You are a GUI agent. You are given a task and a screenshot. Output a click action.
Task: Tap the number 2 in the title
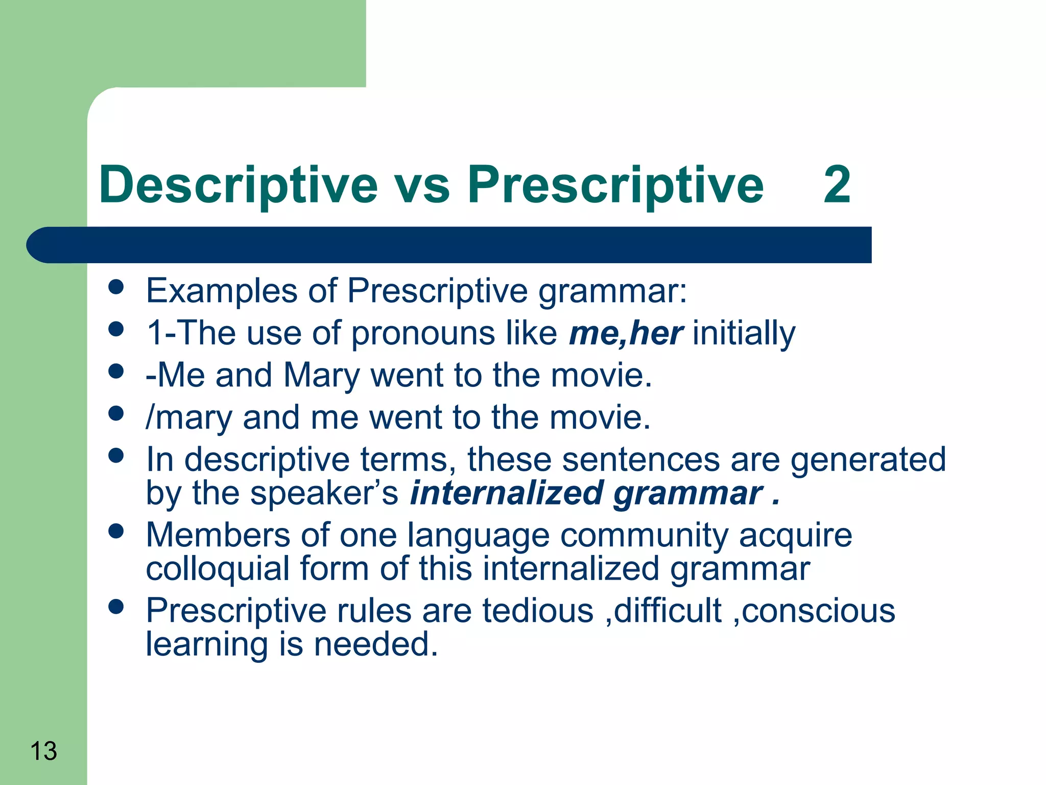tap(837, 185)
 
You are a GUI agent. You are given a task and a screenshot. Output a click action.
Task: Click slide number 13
tap(43, 751)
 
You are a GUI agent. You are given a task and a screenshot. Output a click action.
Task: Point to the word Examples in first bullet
tap(221, 291)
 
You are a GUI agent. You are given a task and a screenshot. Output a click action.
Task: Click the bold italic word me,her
tap(626, 333)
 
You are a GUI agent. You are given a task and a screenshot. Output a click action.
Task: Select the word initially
tap(744, 333)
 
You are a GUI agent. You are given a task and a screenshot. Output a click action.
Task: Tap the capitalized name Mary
tap(322, 376)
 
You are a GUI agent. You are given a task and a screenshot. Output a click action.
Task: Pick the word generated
tap(868, 459)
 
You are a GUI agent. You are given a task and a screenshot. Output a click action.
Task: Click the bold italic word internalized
tap(507, 493)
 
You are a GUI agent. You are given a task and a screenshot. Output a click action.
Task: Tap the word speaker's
tap(324, 493)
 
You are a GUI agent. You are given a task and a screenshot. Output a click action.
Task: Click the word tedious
tap(538, 611)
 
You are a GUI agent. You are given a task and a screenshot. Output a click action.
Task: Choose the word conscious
tap(818, 611)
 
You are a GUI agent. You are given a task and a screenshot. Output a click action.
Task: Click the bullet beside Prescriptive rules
tap(116, 607)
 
